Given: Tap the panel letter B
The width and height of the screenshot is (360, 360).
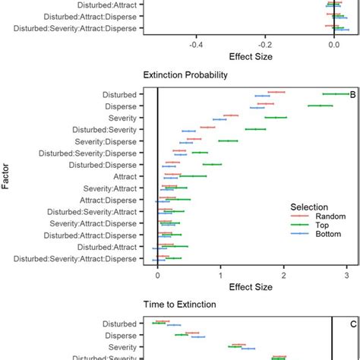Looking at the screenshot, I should [352, 95].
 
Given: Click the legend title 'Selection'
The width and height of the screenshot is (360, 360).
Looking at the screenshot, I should [310, 207].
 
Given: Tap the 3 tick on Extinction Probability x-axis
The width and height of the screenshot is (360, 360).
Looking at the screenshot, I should [347, 276].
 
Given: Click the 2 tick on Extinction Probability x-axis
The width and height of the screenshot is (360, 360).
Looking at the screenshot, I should [284, 276].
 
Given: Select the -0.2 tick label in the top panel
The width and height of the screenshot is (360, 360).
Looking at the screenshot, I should [265, 44].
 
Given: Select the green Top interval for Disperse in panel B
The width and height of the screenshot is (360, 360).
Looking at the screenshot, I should [320, 106].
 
